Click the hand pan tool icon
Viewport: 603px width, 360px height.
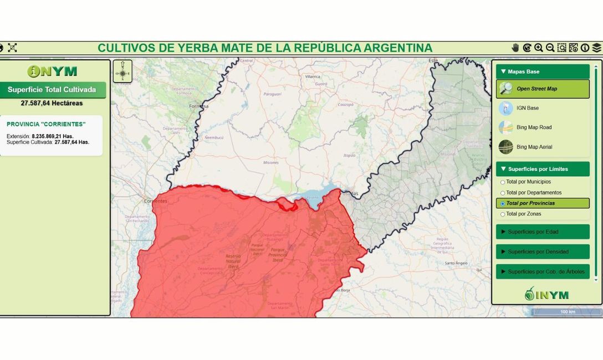coord(515,48)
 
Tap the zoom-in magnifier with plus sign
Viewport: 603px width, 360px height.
coord(538,48)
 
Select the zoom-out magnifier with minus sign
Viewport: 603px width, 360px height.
coord(550,48)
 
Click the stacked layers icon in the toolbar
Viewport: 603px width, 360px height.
coord(596,48)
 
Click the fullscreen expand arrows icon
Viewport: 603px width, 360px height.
coord(12,48)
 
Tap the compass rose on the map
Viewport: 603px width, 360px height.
coord(122,71)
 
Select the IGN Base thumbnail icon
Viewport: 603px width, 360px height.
coord(505,108)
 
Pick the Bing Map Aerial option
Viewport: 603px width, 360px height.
coord(534,147)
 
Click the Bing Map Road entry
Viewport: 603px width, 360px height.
coord(534,127)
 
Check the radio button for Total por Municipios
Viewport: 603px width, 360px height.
coord(503,182)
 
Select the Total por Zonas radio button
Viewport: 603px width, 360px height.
coord(503,214)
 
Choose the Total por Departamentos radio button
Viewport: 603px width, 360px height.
coord(503,193)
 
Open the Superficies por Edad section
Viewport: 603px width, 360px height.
coord(542,232)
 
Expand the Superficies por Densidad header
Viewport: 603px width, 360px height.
coord(542,251)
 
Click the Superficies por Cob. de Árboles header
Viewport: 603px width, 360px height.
coord(542,271)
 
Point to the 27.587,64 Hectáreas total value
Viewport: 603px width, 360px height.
coord(52,103)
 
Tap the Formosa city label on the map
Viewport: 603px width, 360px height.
coord(198,106)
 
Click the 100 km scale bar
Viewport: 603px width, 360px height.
coord(567,312)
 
